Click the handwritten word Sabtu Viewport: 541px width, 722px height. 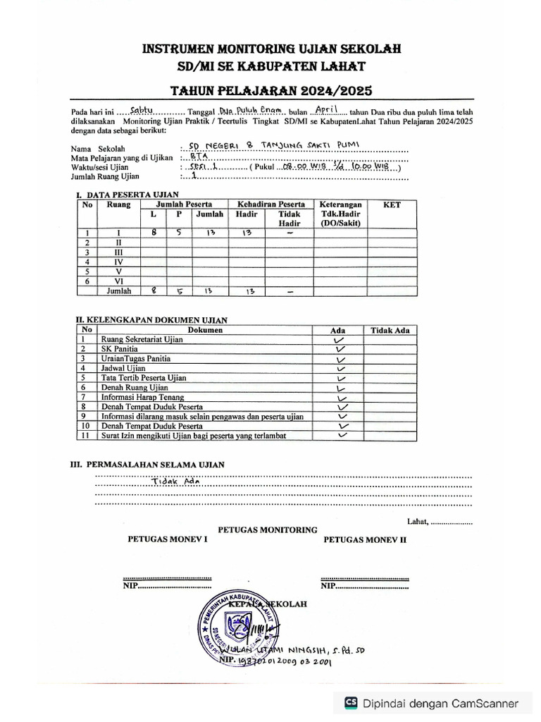[144, 111]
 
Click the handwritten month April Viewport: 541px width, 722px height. [328, 110]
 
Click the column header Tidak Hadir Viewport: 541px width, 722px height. [289, 219]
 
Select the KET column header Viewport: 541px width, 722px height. [392, 204]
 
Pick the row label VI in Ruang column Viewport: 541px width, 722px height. [118, 280]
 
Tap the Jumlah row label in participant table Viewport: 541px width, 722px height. [118, 290]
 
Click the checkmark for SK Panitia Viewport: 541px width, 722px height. [342, 349]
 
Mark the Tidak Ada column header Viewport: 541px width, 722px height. [390, 330]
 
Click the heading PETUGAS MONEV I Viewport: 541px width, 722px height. [168, 539]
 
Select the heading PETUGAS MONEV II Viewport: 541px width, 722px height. [366, 539]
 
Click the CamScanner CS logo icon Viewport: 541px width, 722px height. [350, 703]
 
